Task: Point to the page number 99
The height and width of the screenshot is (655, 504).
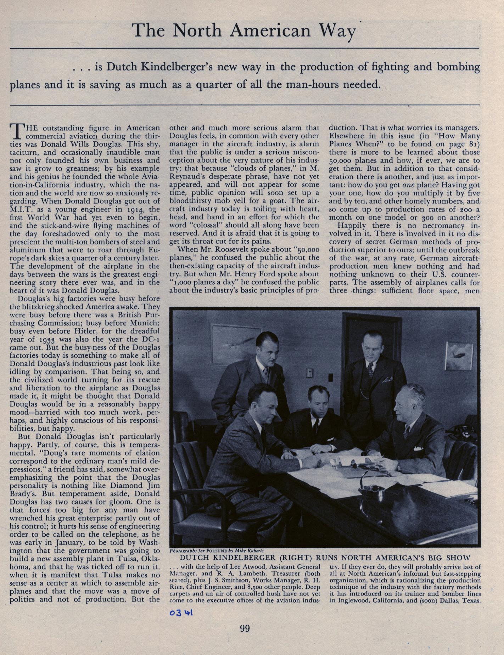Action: tap(245, 629)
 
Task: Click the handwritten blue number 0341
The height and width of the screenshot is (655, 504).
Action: tap(181, 612)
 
